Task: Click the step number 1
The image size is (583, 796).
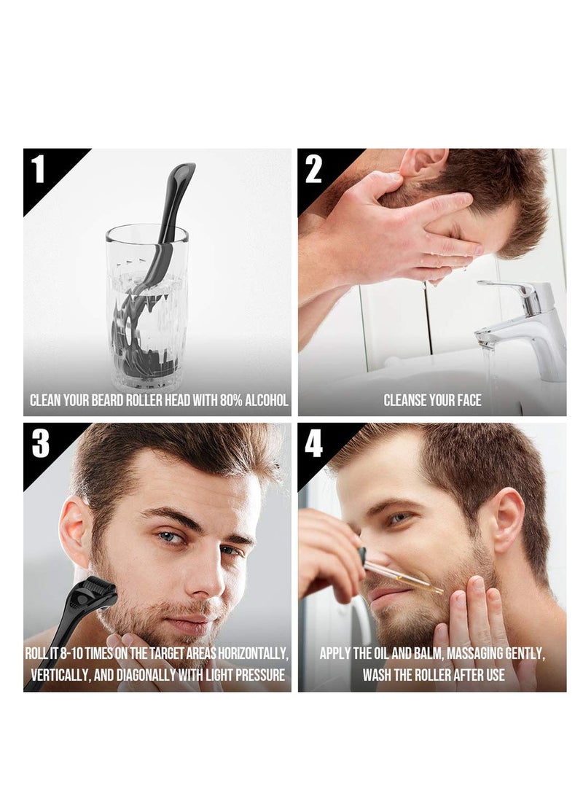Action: click(39, 168)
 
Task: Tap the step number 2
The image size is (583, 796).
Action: click(313, 169)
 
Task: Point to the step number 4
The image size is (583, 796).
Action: click(313, 443)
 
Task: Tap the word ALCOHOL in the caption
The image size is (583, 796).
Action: click(267, 400)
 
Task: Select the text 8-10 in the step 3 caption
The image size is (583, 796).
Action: click(71, 653)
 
